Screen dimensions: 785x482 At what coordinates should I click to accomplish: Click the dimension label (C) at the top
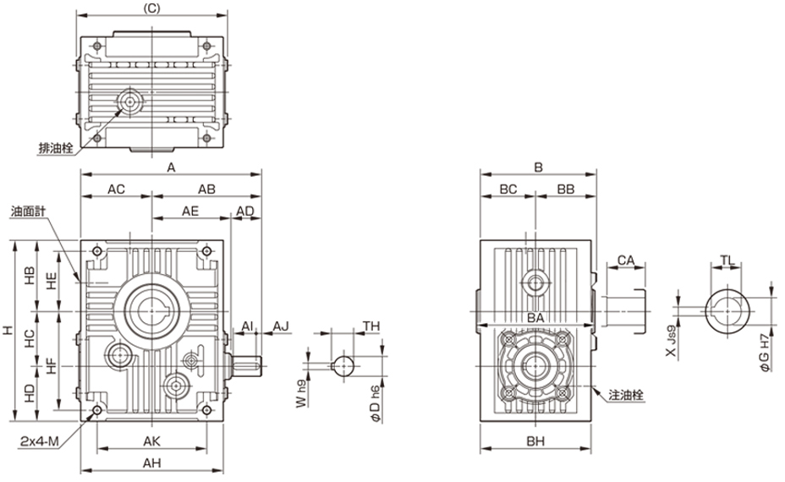tap(151, 9)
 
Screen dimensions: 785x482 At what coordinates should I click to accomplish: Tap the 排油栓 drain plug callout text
tap(56, 148)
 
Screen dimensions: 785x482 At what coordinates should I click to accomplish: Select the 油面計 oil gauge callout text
tap(28, 211)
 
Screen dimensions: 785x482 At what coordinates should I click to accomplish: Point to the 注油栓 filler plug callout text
tap(626, 395)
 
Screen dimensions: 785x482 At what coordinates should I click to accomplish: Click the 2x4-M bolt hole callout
tap(40, 441)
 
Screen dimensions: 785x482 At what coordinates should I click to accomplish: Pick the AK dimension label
tap(151, 441)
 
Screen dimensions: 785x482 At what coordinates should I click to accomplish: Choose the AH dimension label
tap(151, 463)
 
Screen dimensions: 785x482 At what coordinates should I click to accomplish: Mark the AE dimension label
tap(190, 211)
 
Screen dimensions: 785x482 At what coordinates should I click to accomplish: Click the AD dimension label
tap(244, 211)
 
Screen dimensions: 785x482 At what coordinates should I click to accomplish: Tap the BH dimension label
tap(535, 441)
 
